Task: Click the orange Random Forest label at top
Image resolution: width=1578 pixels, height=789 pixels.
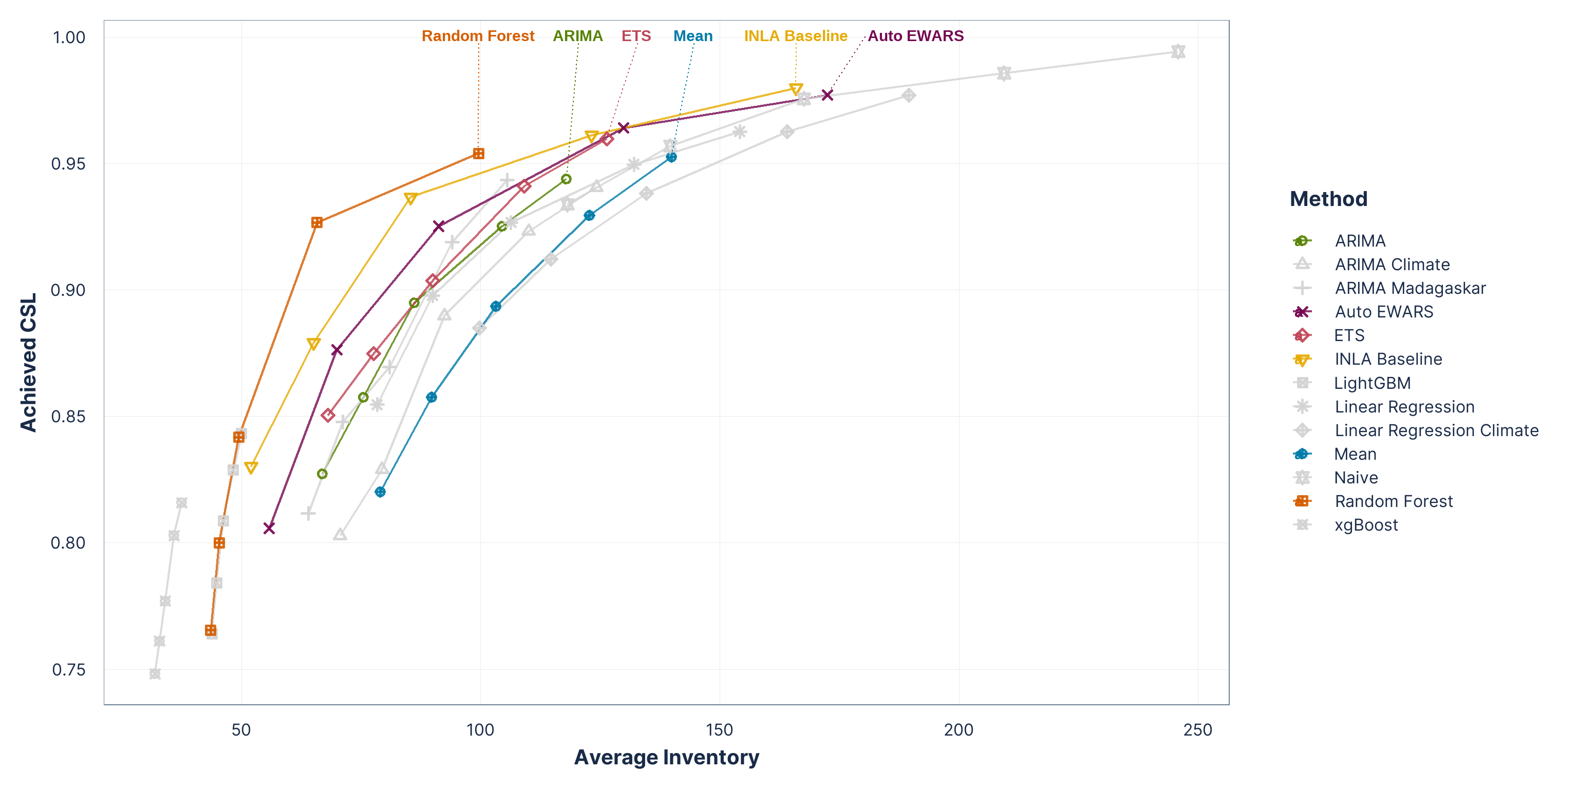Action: coord(478,36)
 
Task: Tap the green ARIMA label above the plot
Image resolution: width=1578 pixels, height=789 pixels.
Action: coord(578,36)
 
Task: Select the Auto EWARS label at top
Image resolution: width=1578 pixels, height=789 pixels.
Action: coord(915,36)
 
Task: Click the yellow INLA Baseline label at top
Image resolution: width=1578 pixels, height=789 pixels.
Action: coord(795,36)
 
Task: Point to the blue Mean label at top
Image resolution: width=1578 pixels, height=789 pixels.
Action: coord(693,36)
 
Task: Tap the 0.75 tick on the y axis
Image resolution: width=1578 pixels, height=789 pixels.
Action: coord(68,669)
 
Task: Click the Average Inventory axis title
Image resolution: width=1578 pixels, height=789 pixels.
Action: coord(666,758)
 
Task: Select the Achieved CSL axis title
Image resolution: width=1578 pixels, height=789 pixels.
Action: coord(29,363)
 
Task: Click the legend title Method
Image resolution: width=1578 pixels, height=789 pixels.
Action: coord(1328,199)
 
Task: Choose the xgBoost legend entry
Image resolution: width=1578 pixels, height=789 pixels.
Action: coord(1366,525)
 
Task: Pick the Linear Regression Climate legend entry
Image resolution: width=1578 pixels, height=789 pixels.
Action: coord(1436,430)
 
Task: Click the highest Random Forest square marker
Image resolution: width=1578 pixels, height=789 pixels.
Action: coord(478,154)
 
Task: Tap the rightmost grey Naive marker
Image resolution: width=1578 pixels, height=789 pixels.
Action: coord(1178,51)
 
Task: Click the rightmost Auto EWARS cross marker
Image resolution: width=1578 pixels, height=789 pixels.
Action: coord(828,95)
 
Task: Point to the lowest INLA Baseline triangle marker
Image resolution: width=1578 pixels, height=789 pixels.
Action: coord(251,467)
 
